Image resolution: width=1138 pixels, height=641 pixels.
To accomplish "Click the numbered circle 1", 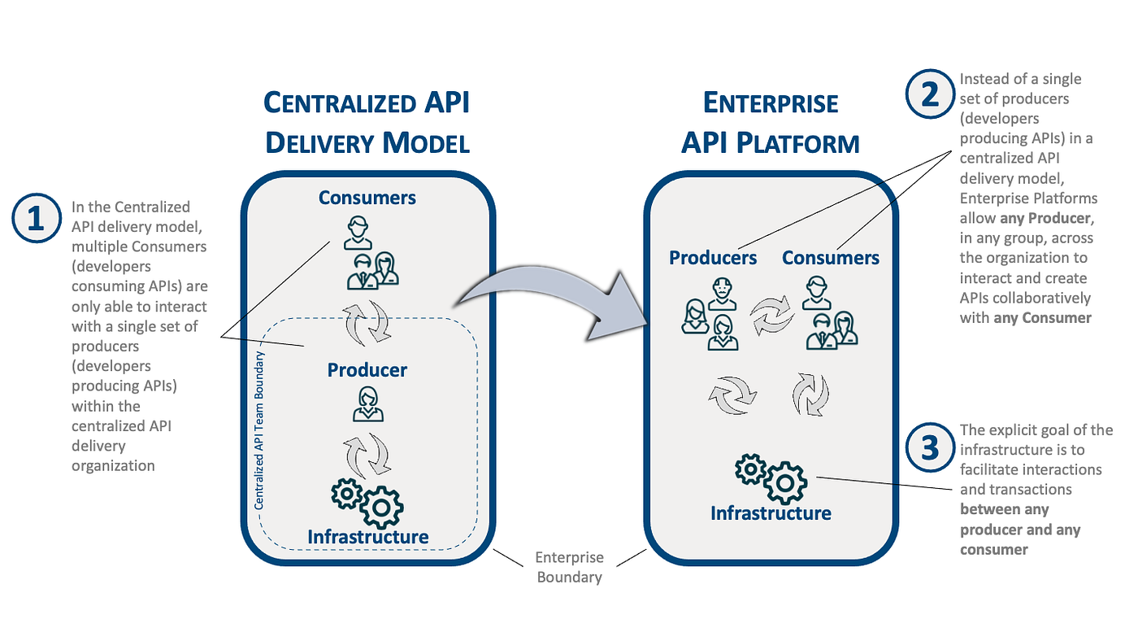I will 36,220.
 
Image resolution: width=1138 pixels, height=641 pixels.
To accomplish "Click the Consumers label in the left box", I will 367,198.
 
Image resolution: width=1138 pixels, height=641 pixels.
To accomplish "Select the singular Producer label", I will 367,370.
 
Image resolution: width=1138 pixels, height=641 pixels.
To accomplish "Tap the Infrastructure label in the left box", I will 367,537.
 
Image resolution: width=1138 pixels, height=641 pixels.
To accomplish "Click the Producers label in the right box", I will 713,258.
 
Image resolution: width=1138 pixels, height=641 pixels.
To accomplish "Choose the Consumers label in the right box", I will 830,258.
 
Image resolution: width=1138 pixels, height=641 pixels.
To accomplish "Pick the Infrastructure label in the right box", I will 771,513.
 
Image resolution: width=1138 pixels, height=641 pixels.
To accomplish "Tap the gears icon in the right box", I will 770,479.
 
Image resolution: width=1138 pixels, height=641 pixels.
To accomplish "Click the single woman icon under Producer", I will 367,403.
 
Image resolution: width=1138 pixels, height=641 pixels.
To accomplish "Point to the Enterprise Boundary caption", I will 569,567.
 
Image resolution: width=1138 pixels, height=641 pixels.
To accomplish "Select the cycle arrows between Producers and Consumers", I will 771,316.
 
